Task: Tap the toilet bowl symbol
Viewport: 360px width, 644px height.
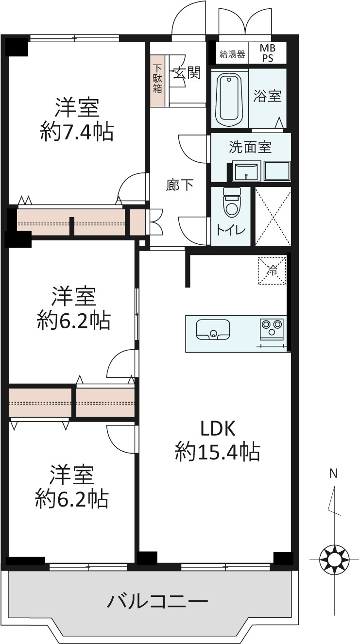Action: coord(232,202)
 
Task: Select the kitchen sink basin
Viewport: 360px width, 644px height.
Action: coord(213,329)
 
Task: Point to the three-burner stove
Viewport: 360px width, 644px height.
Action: coord(272,328)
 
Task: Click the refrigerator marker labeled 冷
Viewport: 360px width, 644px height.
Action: coord(272,271)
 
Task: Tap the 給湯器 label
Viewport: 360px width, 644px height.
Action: coord(232,54)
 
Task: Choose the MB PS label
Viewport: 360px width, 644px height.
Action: coord(267,53)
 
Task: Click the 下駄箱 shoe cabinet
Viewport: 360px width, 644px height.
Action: coord(157,81)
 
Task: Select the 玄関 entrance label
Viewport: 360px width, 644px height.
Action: coord(187,73)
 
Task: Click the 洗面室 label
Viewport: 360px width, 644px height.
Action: coord(250,147)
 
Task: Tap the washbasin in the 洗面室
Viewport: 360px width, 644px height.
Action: coord(246,171)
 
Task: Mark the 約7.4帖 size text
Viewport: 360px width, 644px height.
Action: coord(77,132)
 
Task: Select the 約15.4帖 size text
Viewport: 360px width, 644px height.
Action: coord(218,452)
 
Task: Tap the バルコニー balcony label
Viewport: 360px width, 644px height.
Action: coord(157,601)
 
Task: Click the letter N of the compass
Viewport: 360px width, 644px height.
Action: coord(333,473)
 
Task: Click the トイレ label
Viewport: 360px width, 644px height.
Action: coord(231,230)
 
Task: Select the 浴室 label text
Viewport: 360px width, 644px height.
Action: coord(267,96)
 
